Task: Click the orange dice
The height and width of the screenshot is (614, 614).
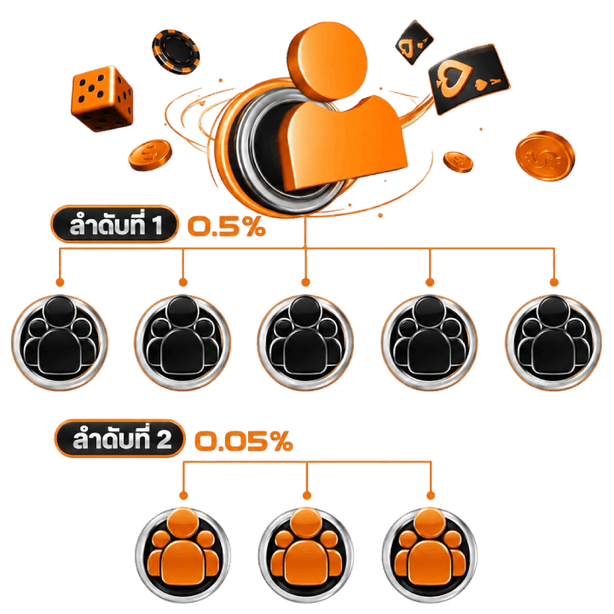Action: pos(101,98)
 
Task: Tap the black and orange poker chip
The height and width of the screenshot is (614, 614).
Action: pos(176,51)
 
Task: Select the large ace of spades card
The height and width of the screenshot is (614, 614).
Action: pos(469,79)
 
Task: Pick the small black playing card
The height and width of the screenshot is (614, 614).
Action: pos(414,42)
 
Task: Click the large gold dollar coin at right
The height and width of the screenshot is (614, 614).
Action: pos(545,156)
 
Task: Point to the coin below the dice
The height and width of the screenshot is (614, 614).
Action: pos(150,154)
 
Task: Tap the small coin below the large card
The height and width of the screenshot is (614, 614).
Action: pos(458,162)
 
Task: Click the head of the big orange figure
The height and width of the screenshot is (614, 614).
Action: pos(332,60)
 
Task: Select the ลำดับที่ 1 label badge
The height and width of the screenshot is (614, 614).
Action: pos(114,224)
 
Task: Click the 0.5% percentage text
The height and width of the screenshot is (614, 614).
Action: pos(227,226)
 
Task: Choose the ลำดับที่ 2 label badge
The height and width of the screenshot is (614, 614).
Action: pos(119,438)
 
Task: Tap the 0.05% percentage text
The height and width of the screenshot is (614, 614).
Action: pos(244,441)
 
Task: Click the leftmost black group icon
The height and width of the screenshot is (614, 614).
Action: pos(60,342)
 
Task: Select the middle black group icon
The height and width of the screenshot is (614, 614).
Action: pos(305,342)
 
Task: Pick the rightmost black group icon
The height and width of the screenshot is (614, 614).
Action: pos(553,342)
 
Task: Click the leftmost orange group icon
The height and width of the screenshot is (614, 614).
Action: pos(182,555)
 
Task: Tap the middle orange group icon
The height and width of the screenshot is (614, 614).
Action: pos(306,555)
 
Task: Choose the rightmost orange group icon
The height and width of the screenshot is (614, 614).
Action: pos(430,555)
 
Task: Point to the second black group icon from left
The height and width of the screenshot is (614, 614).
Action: pos(182,342)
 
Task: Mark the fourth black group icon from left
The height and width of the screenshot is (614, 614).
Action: pos(430,342)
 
